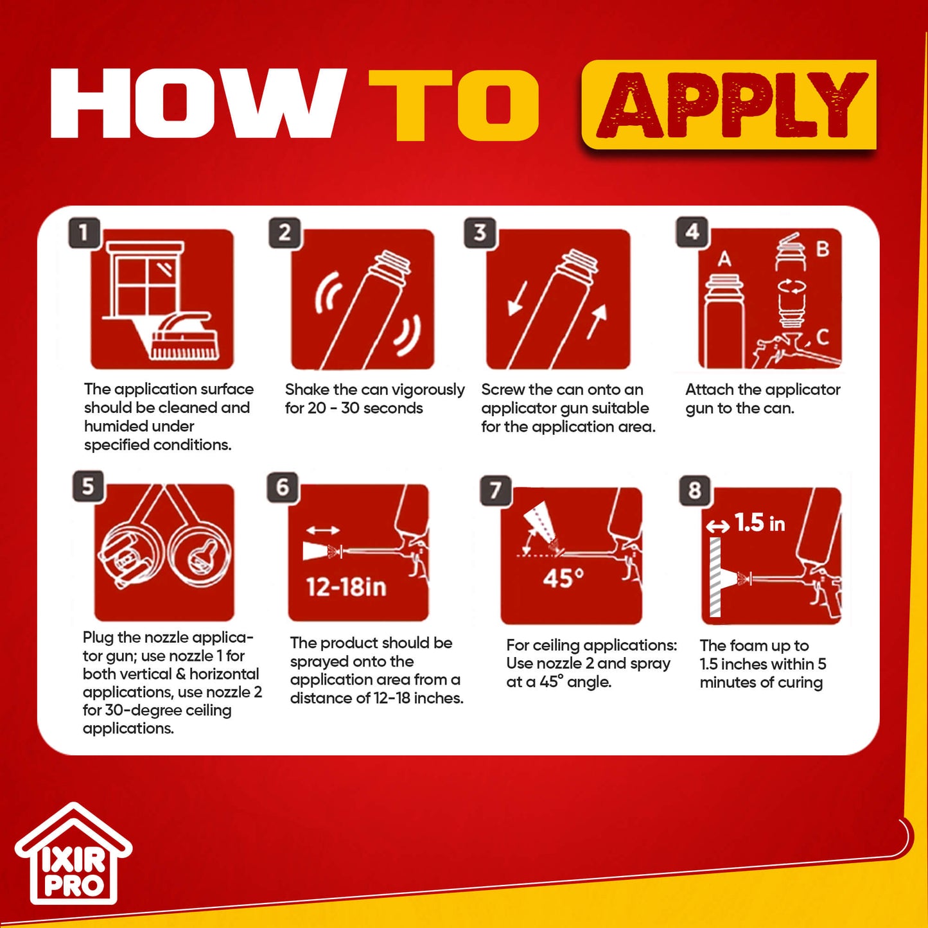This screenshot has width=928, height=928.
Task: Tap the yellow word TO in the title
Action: point(453,105)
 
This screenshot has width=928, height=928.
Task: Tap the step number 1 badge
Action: point(84,233)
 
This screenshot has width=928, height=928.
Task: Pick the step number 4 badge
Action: point(692,232)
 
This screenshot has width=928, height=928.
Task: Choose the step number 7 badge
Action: point(496,490)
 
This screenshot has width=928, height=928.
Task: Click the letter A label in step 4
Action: point(724,259)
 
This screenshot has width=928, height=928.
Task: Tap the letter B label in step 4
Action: point(823,249)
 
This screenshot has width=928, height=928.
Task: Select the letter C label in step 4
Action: point(823,337)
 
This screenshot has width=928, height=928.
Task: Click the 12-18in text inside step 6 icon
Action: point(347,587)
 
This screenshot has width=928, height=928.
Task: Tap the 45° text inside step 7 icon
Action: point(563,578)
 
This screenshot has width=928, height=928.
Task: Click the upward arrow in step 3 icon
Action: point(597,321)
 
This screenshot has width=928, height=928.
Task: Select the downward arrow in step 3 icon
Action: point(517,299)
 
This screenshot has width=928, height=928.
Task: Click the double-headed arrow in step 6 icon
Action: point(322,530)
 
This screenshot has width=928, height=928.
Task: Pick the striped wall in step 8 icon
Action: point(715,577)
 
